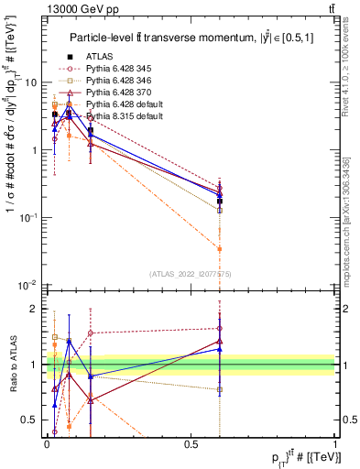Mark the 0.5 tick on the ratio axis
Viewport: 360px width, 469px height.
[33, 420]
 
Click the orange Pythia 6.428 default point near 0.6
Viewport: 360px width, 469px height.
[220, 248]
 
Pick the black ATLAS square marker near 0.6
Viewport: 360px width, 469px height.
[220, 201]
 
